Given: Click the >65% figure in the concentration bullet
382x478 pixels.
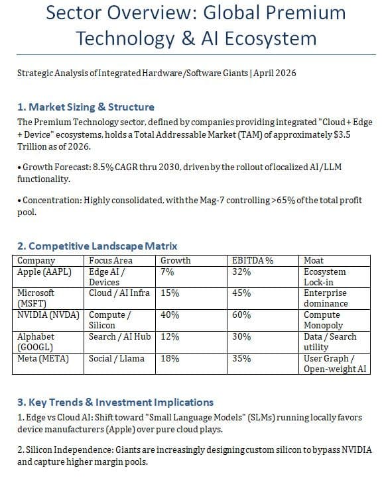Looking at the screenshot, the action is [x=283, y=201].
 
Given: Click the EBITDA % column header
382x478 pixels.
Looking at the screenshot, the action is [x=253, y=261].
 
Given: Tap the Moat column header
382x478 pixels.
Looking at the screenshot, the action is [x=313, y=261].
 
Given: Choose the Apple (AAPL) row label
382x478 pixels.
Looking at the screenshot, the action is [x=44, y=271].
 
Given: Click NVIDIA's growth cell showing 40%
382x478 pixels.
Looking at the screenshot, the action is [x=170, y=314].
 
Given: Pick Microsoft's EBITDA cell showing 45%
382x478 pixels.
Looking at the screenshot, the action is [x=241, y=293].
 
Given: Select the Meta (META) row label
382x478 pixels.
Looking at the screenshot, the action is [x=43, y=359].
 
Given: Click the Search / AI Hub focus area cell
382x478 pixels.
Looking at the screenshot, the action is [x=119, y=336].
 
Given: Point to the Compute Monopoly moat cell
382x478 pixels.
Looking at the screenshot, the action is [x=323, y=320].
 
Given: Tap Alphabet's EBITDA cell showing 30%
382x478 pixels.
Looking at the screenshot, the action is [x=241, y=336].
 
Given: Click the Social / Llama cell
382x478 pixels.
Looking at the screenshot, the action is [x=116, y=359].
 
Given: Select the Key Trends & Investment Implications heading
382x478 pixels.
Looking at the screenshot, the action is [x=115, y=402].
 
